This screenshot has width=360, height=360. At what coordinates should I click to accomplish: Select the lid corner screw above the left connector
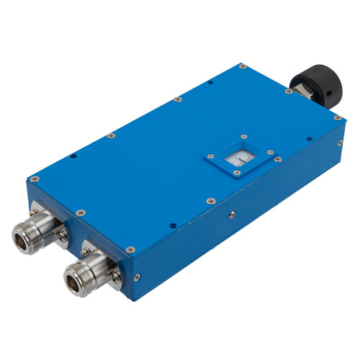point(34,174)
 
